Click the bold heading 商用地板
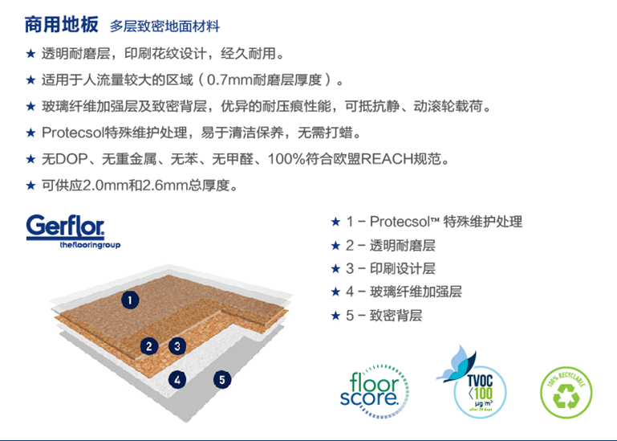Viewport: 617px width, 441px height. pyautogui.click(x=61, y=24)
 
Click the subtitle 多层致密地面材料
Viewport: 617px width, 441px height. pyautogui.click(x=164, y=27)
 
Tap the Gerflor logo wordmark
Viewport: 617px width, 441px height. pyautogui.click(x=65, y=227)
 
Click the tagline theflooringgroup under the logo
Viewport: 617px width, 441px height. pyautogui.click(x=90, y=245)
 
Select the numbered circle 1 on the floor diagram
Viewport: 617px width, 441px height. pyautogui.click(x=130, y=300)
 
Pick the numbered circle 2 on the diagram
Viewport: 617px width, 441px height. pyautogui.click(x=149, y=346)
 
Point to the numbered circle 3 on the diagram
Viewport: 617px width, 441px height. pyautogui.click(x=177, y=346)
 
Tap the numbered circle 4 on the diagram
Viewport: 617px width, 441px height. pyautogui.click(x=177, y=380)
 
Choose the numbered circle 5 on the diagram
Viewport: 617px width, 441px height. pyautogui.click(x=222, y=380)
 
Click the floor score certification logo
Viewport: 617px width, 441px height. pyautogui.click(x=373, y=390)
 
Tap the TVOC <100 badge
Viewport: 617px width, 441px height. pyautogui.click(x=480, y=393)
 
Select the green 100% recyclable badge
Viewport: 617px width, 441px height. pyautogui.click(x=566, y=392)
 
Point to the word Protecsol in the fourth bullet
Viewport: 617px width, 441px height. pyautogui.click(x=73, y=133)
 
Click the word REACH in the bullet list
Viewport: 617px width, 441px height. pyautogui.click(x=386, y=159)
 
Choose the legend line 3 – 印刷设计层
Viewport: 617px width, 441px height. pyautogui.click(x=391, y=269)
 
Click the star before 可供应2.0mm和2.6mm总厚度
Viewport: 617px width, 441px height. pyautogui.click(x=30, y=185)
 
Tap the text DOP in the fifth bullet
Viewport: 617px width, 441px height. pyautogui.click(x=71, y=159)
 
